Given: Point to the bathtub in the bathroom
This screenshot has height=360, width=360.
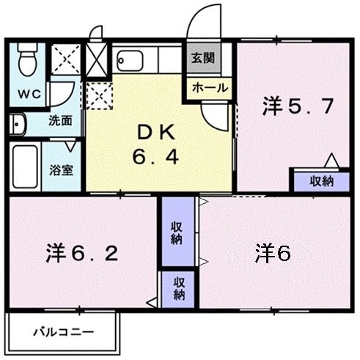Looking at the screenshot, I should (x=25, y=166).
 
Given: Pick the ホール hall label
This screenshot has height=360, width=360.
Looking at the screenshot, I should (x=210, y=87).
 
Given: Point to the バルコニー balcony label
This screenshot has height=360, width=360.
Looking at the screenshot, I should (x=63, y=331).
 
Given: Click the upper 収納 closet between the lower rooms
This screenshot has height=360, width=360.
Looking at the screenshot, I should (x=177, y=232).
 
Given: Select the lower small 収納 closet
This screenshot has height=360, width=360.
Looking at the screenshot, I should (x=178, y=287).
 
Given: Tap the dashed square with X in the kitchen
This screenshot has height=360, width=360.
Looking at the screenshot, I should (x=98, y=94).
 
